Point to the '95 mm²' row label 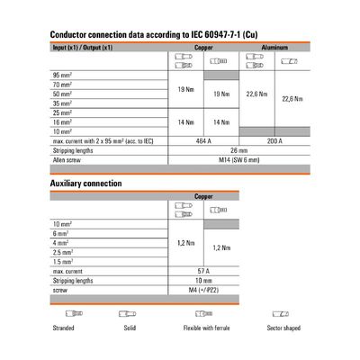(x=63, y=75)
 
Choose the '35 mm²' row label (x=63, y=103)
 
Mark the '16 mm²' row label (x=63, y=122)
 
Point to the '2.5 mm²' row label (x=64, y=252)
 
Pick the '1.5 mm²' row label (x=64, y=262)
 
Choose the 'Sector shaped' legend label (x=281, y=328)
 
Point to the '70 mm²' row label (x=63, y=85)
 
